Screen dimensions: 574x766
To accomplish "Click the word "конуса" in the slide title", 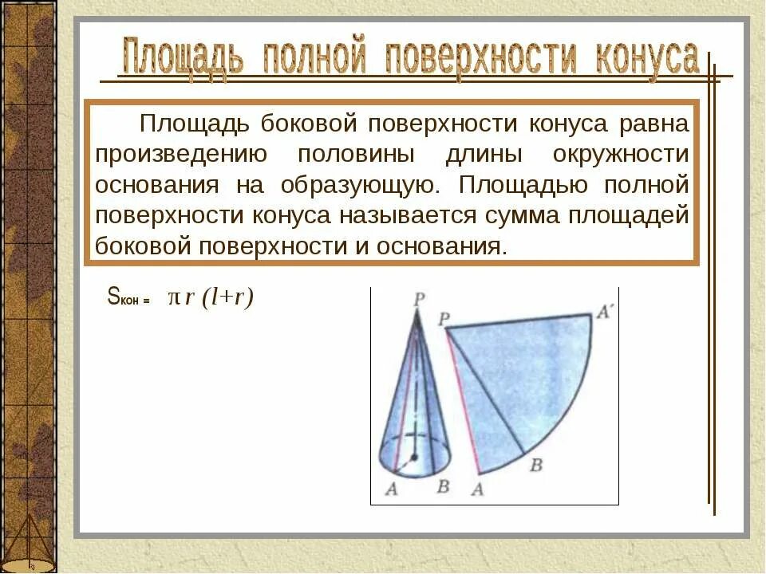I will click(x=646, y=60).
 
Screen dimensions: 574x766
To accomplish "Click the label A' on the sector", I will click(x=603, y=313).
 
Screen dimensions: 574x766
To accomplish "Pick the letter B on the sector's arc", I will click(x=536, y=465).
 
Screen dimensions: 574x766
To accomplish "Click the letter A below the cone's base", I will click(x=391, y=489).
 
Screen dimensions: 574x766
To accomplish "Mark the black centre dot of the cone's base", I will click(x=414, y=457).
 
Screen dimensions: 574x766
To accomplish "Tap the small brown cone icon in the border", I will click(x=30, y=542).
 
